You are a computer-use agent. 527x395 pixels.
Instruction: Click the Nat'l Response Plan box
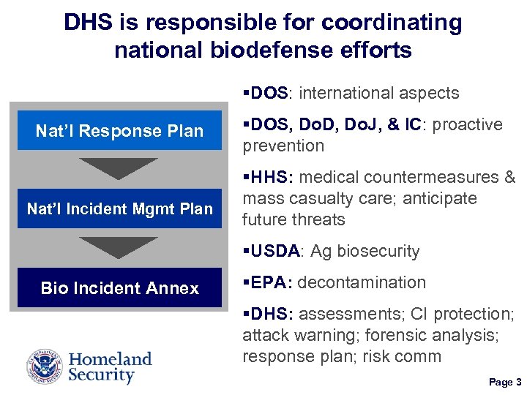119,131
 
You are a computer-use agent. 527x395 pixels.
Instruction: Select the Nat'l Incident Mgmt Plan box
119,209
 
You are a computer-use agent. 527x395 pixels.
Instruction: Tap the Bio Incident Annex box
119,288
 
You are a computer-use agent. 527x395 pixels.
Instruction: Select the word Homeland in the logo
111,359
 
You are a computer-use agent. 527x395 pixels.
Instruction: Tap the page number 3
518,382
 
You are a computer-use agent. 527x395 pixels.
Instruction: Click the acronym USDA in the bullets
275,252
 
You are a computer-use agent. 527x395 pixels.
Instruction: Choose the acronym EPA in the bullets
271,282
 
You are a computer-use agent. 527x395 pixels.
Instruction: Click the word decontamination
362,282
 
